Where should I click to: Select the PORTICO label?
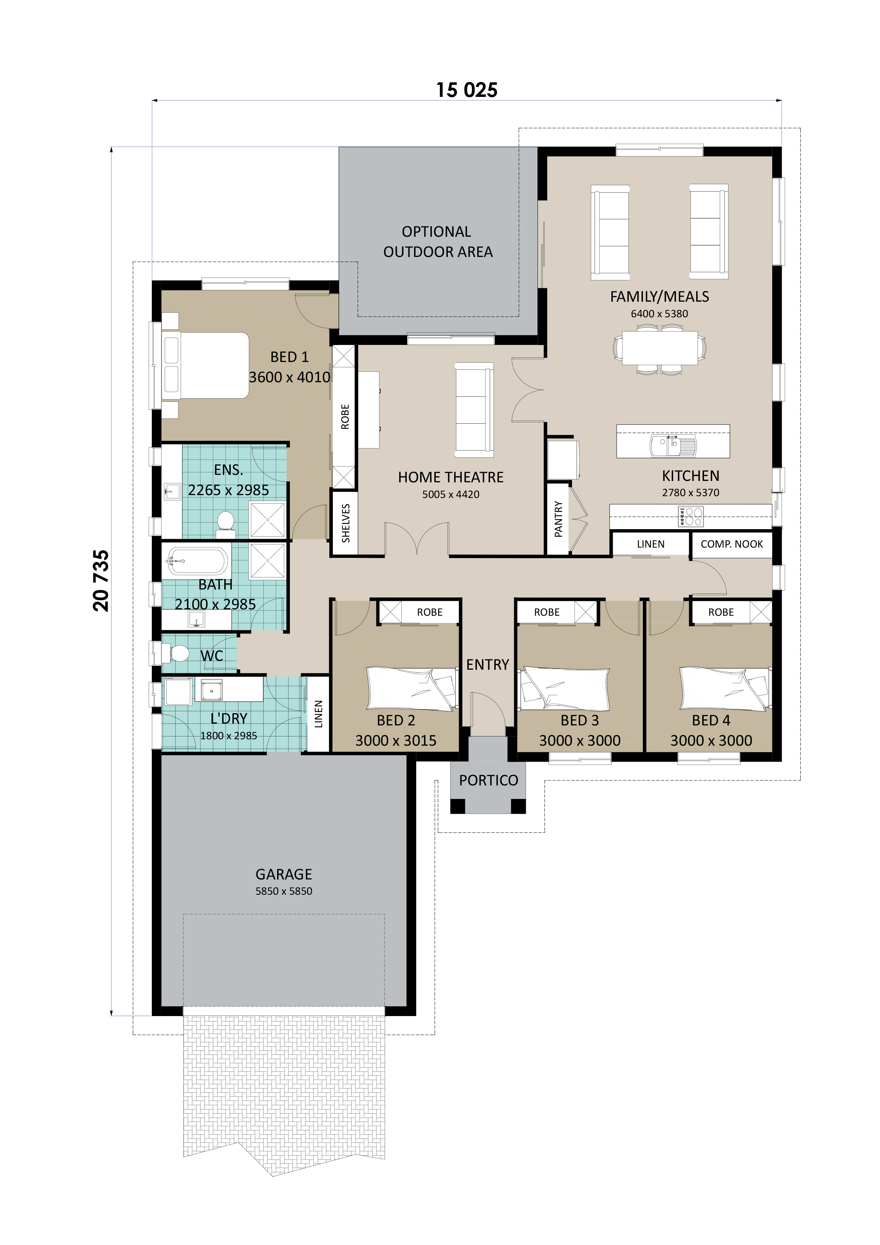click(x=488, y=780)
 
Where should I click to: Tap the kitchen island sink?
click(x=673, y=446)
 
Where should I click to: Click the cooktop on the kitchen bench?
click(x=690, y=516)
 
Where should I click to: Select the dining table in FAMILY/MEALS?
click(x=659, y=348)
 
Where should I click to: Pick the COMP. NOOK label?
click(x=731, y=544)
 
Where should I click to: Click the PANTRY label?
click(x=558, y=519)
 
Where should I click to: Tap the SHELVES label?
click(x=345, y=523)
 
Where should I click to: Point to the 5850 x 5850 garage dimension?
click(x=284, y=891)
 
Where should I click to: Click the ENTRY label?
click(x=488, y=664)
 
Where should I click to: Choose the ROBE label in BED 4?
click(x=721, y=612)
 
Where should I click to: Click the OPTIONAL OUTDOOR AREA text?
click(x=438, y=242)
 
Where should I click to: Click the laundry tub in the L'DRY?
click(x=211, y=690)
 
